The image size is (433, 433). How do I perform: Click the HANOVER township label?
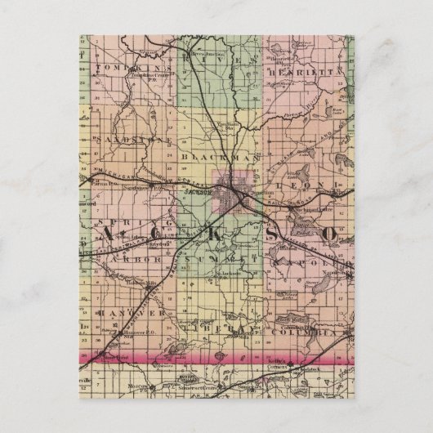[x=123, y=313]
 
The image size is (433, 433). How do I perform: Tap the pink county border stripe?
[x=216, y=356]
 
